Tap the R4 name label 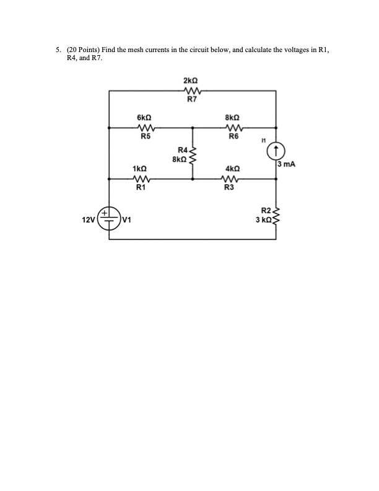182,150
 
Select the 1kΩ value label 140,169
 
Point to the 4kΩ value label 232,169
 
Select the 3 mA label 287,164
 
